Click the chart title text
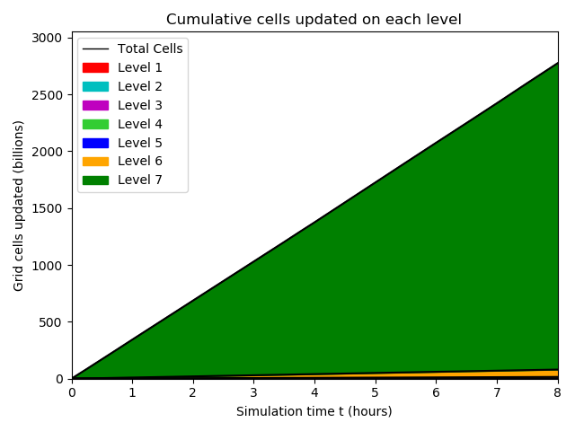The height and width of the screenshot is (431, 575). pos(314,19)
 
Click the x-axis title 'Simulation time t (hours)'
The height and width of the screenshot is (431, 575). pos(314,411)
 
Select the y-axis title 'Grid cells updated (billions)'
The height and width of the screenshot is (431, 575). pos(19,205)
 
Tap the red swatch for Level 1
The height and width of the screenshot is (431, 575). pos(95,67)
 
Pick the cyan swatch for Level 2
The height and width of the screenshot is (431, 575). pos(95,86)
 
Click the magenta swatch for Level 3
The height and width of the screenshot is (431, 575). pos(95,105)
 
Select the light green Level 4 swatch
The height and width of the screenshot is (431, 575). pos(95,124)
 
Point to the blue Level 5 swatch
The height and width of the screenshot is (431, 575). pos(95,143)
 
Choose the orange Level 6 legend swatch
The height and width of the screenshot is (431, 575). pos(95,162)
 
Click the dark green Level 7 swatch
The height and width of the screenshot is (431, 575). pos(95,180)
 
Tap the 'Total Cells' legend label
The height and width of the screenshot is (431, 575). pos(150,48)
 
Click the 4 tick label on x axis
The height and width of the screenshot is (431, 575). pos(315,392)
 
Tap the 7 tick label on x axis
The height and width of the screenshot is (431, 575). pos(498,392)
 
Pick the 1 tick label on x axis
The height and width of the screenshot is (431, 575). pos(133,392)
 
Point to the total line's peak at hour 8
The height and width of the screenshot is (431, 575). pos(558,63)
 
